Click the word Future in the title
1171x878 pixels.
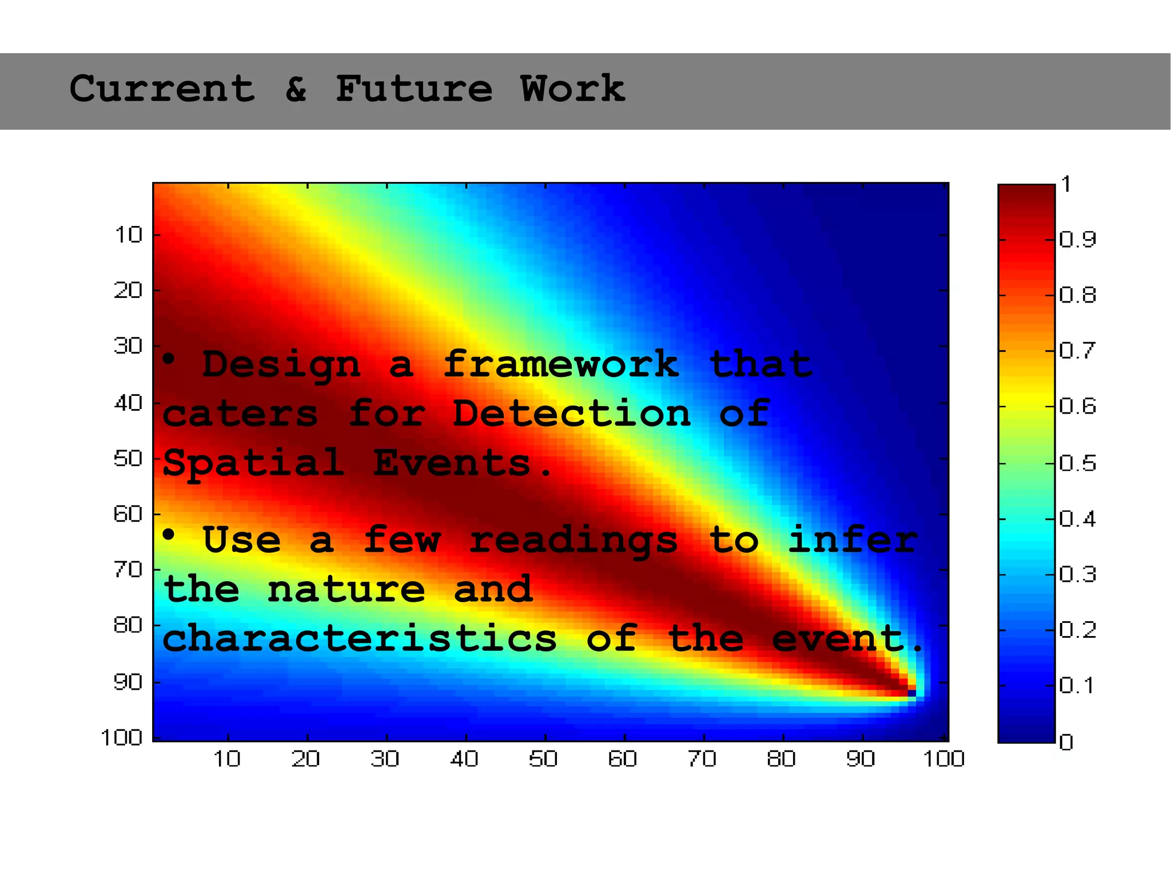point(413,89)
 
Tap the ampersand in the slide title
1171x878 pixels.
point(296,89)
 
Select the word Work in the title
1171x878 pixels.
point(572,89)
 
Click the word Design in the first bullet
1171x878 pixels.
point(281,365)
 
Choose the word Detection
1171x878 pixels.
point(572,414)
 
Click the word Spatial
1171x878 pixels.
point(253,463)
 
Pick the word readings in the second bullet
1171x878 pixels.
point(573,541)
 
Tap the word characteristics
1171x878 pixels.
point(360,638)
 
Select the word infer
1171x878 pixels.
point(853,540)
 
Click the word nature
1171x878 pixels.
point(346,590)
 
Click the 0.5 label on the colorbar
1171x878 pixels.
point(1077,463)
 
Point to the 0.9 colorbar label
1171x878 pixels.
point(1077,240)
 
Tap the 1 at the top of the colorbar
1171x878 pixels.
point(1066,185)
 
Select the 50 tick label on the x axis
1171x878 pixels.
point(543,759)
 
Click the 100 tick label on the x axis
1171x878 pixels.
point(943,759)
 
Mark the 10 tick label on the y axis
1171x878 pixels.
point(129,235)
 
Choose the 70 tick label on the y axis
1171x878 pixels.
point(129,570)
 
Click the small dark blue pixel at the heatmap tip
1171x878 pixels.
point(912,693)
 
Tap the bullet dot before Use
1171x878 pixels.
point(168,535)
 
